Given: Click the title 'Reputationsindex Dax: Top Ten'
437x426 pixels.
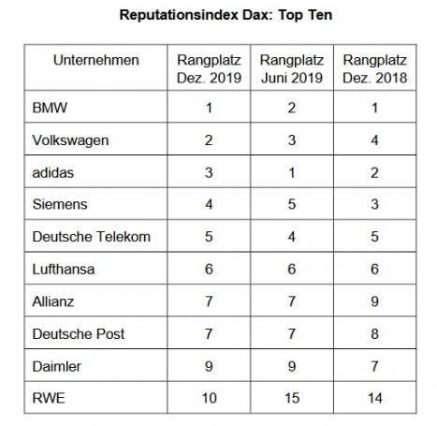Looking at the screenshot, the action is coord(226,15).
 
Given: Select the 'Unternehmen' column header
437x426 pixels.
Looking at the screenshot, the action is coord(96,60).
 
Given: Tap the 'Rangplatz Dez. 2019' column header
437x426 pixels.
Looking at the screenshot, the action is coord(209,68).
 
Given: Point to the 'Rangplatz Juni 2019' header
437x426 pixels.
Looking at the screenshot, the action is coord(292,68).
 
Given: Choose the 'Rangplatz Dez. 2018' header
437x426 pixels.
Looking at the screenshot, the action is coord(375,68).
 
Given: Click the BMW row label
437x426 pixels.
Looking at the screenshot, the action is coord(50,108).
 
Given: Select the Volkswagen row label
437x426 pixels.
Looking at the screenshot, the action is coord(70,140).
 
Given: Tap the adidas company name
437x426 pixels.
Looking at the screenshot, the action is coord(53,172).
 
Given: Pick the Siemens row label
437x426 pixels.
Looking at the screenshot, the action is coord(60,204).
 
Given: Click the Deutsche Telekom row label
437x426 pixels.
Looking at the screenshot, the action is coord(92,237).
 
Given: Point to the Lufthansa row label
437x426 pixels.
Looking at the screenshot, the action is coord(64,269).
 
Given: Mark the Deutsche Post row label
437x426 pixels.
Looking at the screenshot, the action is coord(79,334).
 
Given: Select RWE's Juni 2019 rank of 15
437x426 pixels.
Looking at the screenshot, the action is coord(292,398).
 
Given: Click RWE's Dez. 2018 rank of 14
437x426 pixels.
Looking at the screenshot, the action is coord(375,398).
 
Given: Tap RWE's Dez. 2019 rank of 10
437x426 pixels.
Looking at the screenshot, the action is coord(209,398).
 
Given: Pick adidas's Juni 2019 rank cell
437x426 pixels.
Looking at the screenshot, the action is coord(292,172).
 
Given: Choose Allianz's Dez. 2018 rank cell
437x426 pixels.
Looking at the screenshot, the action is coord(375,301).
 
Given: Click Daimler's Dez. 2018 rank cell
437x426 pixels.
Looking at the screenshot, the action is coord(375,366).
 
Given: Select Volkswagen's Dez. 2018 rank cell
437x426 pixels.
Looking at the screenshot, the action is coord(375,140).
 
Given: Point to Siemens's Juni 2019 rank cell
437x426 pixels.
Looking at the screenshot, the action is coord(292,204).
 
